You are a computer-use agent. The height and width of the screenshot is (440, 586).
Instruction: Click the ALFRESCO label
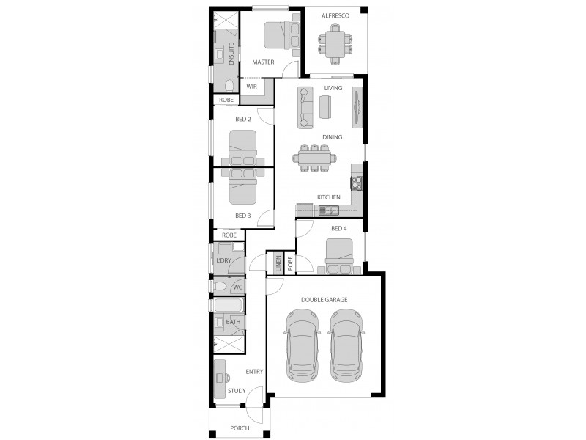pyautogui.click(x=335, y=15)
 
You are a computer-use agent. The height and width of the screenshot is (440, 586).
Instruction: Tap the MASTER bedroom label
pyautogui.click(x=263, y=62)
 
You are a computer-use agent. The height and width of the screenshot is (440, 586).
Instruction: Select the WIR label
pyautogui.click(x=251, y=87)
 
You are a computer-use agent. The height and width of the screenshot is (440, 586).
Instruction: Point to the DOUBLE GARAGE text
pyautogui.click(x=324, y=299)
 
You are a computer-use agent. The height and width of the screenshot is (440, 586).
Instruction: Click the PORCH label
pyautogui.click(x=240, y=428)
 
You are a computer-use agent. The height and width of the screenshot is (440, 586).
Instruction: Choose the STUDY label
pyautogui.click(x=237, y=391)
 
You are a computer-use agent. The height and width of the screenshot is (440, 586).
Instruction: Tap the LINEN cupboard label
pyautogui.click(x=278, y=264)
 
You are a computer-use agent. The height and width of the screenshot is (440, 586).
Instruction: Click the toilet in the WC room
pyautogui.click(x=220, y=286)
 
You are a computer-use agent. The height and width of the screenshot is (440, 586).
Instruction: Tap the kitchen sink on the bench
pyautogui.click(x=327, y=210)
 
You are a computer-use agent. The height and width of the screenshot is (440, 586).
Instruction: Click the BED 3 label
pyautogui.click(x=243, y=216)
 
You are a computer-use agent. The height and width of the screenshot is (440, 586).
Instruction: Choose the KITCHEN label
pyautogui.click(x=328, y=197)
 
